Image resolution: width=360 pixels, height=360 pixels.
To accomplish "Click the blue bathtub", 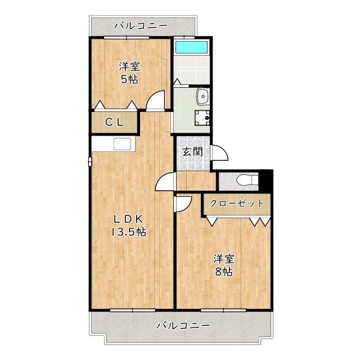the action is pyautogui.click(x=191, y=48).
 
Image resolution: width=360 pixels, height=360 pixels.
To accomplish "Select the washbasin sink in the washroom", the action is pyautogui.click(x=202, y=96).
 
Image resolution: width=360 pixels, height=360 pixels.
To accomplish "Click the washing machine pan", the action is pyautogui.click(x=202, y=118).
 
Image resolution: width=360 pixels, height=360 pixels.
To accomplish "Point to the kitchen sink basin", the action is pyautogui.click(x=123, y=144).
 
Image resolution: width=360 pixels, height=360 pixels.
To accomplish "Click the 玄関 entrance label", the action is pyautogui.click(x=192, y=152).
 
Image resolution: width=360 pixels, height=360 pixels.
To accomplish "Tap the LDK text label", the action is pyautogui.click(x=129, y=219).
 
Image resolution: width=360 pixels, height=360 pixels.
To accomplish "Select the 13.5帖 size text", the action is pyautogui.click(x=129, y=232).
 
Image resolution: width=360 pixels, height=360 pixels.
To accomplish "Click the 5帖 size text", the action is pyautogui.click(x=129, y=79).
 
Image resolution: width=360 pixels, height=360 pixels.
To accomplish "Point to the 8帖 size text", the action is pyautogui.click(x=224, y=272).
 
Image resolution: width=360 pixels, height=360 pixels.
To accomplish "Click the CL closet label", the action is pyautogui.click(x=114, y=122).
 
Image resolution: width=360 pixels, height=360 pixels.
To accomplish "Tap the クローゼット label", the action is pyautogui.click(x=237, y=204).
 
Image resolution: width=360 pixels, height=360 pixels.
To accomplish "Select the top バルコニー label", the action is pyautogui.click(x=141, y=25).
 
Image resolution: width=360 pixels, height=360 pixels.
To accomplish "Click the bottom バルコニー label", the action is pyautogui.click(x=183, y=326).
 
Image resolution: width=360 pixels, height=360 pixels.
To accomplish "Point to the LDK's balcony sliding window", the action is pyautogui.click(x=133, y=310).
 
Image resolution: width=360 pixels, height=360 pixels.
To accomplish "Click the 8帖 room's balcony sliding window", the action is pyautogui.click(x=223, y=310).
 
